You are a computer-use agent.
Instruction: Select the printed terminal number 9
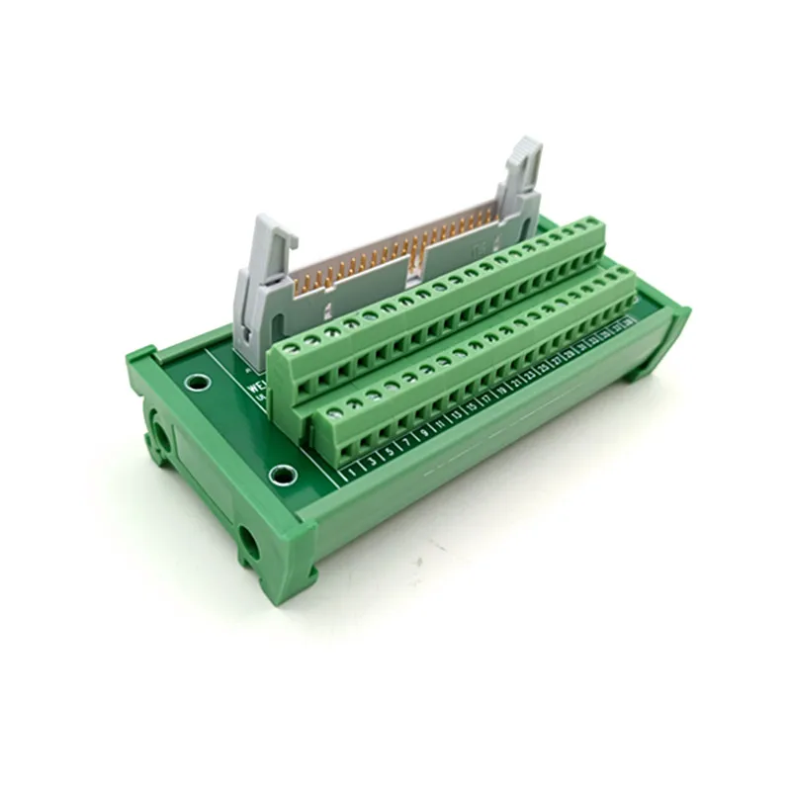point(424,435)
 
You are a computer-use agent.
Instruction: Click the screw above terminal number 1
point(334,397)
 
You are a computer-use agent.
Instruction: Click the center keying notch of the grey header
point(416,259)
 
